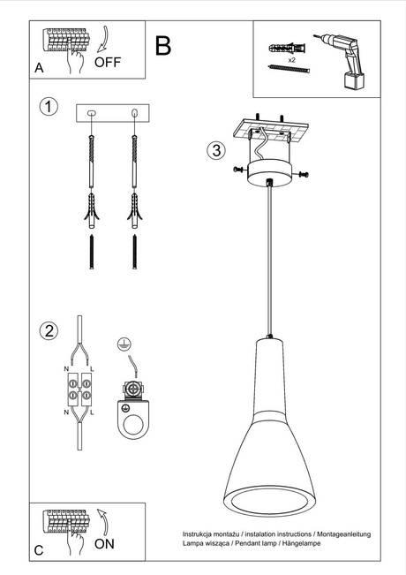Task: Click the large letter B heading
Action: [163, 46]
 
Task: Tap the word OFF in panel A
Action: [107, 63]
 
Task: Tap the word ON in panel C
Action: [104, 544]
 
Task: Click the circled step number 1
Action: [50, 107]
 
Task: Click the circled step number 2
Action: [50, 331]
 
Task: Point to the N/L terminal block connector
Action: [79, 390]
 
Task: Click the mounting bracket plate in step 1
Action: [114, 113]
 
